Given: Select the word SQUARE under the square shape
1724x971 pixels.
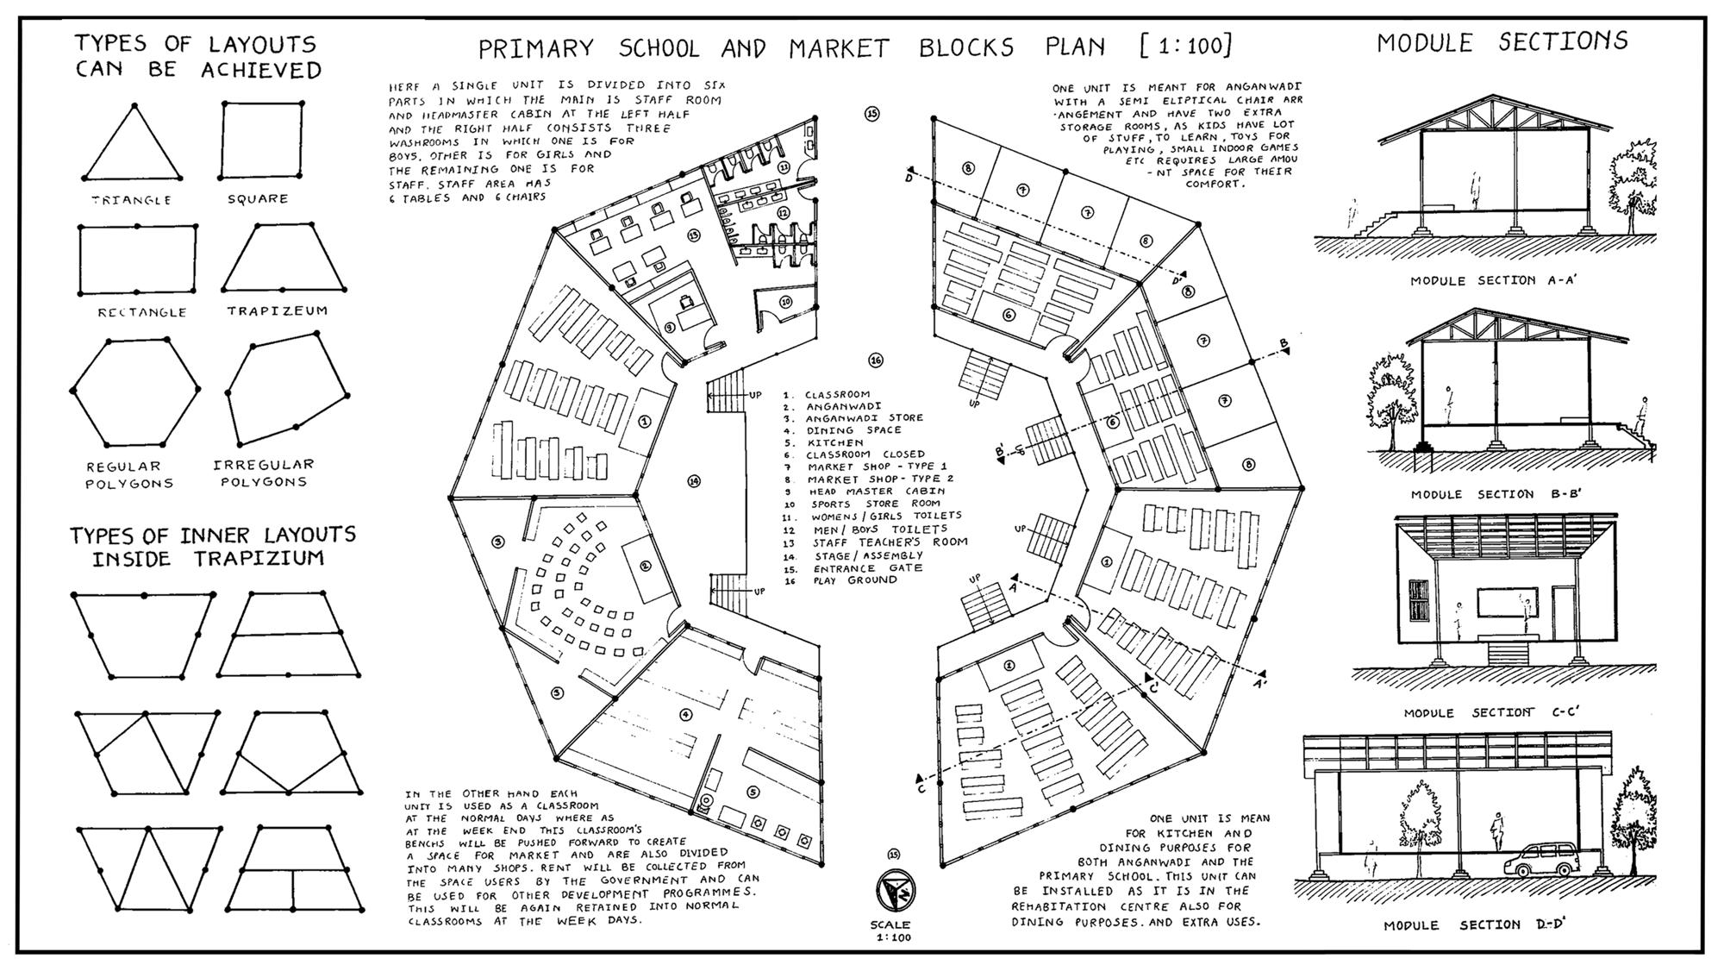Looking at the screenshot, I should [258, 199].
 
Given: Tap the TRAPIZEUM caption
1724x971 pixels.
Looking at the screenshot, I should [278, 310].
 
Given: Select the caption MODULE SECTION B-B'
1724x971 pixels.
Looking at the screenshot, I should [1496, 494].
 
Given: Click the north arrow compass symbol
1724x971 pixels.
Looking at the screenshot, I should [895, 890].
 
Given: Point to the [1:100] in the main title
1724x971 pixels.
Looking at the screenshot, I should [1185, 45].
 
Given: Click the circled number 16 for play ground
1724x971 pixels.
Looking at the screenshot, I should [876, 360].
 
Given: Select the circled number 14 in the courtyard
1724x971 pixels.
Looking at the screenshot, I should [694, 481].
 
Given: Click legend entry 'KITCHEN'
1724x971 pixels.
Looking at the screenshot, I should [834, 442].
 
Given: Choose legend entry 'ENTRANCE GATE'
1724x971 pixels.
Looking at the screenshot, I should [867, 568].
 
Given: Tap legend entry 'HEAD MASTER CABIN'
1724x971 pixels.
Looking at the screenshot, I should [876, 492].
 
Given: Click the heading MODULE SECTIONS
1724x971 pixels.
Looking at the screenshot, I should [1502, 41].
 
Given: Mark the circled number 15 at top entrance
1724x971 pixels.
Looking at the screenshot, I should [872, 114].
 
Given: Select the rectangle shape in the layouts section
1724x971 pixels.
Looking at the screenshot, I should [137, 259].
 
